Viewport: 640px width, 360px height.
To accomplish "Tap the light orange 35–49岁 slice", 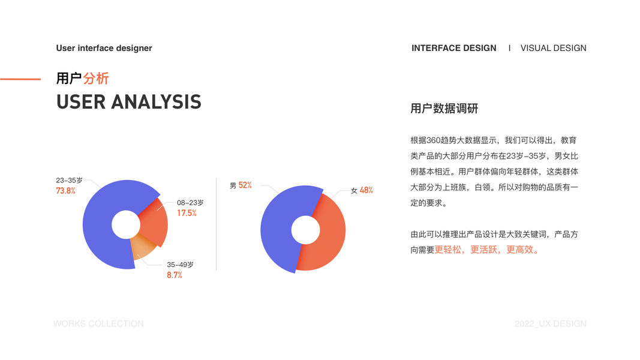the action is pyautogui.click(x=143, y=246).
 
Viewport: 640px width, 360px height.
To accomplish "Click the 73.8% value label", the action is pyautogui.click(x=66, y=191).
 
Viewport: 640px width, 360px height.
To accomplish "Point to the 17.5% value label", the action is pyautogui.click(x=187, y=213).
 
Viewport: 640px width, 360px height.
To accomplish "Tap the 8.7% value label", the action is pyautogui.click(x=175, y=275).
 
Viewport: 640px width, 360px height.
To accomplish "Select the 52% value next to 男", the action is pyautogui.click(x=245, y=185).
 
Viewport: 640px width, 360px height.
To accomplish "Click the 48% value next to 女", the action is pyautogui.click(x=366, y=190).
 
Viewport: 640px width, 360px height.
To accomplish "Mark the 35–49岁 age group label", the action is pyautogui.click(x=180, y=265).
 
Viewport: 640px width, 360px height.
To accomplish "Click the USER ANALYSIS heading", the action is pyautogui.click(x=128, y=102).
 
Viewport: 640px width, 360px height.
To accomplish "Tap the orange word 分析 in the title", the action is pyautogui.click(x=96, y=79).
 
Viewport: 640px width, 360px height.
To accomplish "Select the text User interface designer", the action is pyautogui.click(x=104, y=48).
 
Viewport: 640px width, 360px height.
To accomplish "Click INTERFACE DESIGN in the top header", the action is pyautogui.click(x=454, y=48).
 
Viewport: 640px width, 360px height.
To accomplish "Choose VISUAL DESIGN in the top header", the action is pyautogui.click(x=554, y=48).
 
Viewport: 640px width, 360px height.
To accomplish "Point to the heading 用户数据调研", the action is pyautogui.click(x=444, y=109).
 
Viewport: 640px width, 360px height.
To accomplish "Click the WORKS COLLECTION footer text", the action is pyautogui.click(x=98, y=323).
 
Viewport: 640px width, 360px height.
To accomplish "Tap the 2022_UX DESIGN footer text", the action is pyautogui.click(x=550, y=323).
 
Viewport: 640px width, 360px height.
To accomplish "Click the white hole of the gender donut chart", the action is pyautogui.click(x=305, y=230).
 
